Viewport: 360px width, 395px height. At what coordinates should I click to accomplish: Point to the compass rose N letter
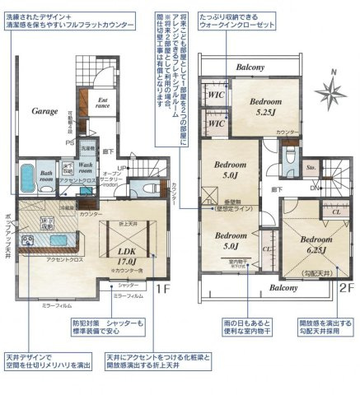[x=331, y=72]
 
